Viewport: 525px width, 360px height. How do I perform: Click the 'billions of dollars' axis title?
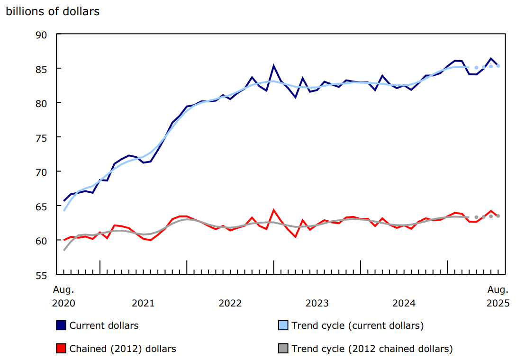(x=53, y=11)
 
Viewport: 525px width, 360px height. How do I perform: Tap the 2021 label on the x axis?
(x=143, y=303)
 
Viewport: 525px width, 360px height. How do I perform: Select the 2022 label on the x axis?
(x=230, y=303)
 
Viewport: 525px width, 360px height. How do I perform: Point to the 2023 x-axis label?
(x=317, y=303)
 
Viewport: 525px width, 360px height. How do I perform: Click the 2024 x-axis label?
(x=404, y=303)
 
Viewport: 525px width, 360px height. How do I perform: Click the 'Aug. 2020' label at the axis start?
(x=63, y=296)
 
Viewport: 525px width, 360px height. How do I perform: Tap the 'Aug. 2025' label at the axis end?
(x=498, y=296)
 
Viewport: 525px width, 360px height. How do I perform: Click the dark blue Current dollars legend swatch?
(x=61, y=325)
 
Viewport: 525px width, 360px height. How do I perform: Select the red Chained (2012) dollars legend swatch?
(x=61, y=349)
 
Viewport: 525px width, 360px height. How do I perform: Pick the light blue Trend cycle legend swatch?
(x=283, y=325)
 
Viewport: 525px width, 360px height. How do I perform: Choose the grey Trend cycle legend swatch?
(x=283, y=349)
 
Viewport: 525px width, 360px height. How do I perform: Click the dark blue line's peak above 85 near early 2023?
(x=273, y=66)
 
